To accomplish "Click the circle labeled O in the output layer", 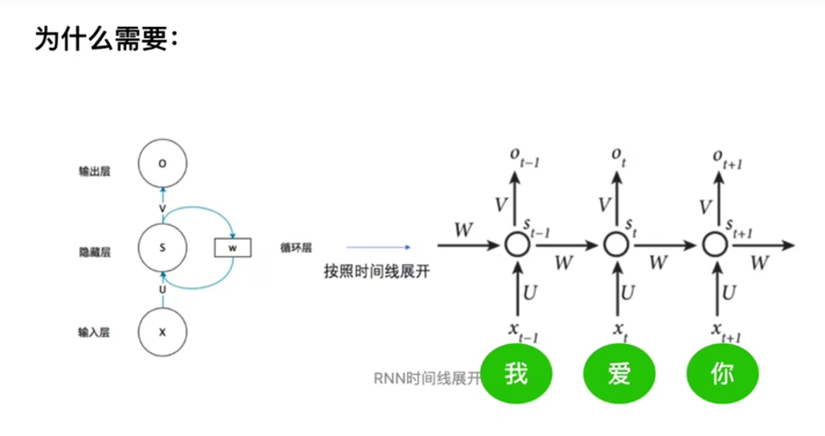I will tap(162, 164).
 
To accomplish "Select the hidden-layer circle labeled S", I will tap(162, 248).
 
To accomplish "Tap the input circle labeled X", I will tap(162, 332).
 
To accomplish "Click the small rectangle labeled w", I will tap(233, 248).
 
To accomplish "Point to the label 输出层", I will tap(94, 171).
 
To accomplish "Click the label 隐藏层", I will tap(94, 252).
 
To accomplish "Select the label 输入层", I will tap(94, 333).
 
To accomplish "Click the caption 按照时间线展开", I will tap(376, 272).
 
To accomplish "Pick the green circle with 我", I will tap(516, 374).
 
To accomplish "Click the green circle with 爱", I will tap(619, 374).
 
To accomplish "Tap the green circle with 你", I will tap(721, 374).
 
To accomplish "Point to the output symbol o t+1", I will tap(727, 157).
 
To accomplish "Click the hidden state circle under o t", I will tap(616, 245).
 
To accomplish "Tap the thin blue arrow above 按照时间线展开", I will tap(378, 248).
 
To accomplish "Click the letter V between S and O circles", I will tap(162, 208).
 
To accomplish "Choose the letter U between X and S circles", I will tap(162, 289).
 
